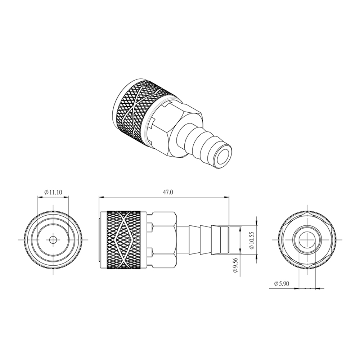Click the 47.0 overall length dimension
coord(168,192)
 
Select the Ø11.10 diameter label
coord(53,192)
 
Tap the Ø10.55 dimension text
coord(252,240)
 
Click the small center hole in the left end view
coord(53,240)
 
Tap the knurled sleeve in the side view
coord(124,240)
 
